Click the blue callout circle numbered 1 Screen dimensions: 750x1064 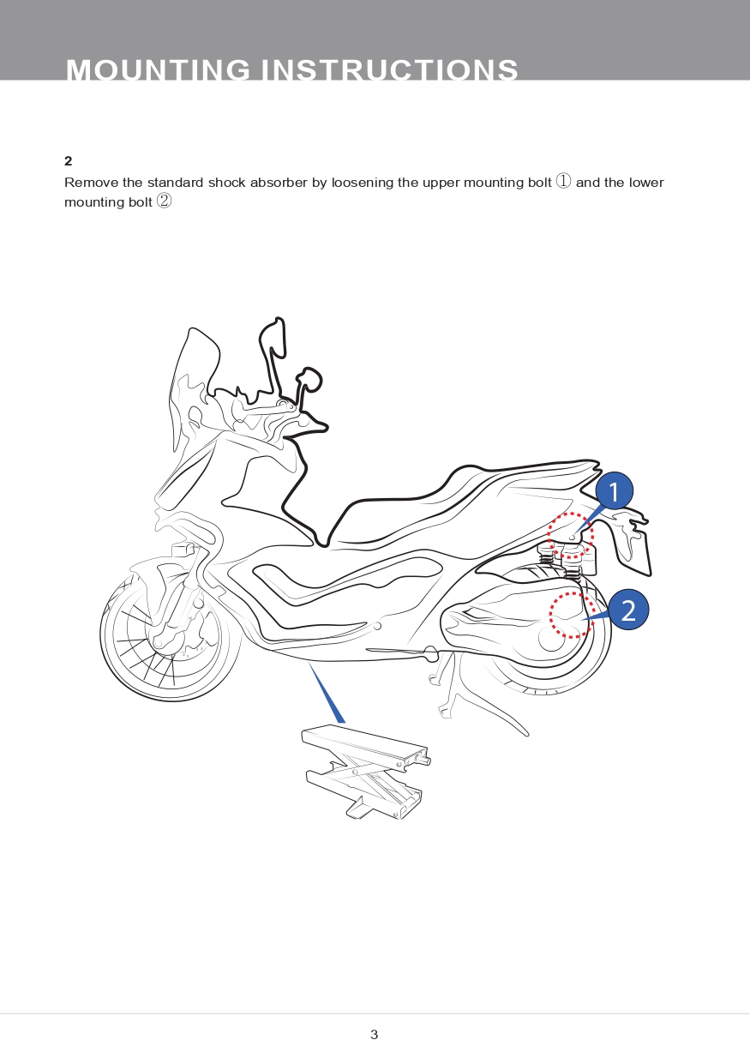(614, 490)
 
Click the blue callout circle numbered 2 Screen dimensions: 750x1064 (628, 610)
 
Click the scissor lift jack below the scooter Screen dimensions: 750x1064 (366, 772)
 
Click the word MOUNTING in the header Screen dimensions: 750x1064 (158, 69)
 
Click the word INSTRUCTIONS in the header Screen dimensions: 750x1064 (389, 69)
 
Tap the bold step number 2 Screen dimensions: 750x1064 (69, 161)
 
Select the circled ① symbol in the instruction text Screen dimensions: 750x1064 (563, 182)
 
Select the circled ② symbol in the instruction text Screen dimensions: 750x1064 (164, 201)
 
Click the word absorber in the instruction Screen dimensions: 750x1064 (279, 183)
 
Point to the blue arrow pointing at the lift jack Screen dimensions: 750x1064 (327, 693)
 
